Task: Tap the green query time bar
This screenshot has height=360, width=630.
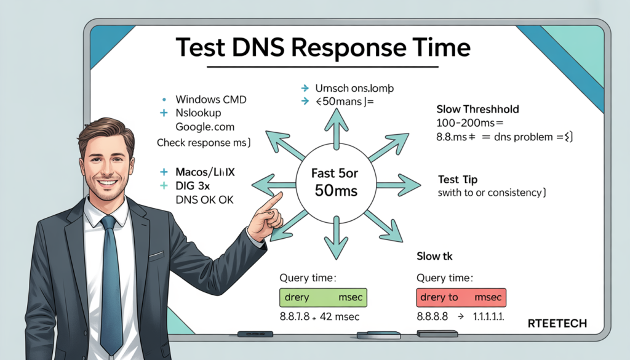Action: pos(324,297)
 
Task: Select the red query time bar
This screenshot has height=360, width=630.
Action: pos(460,297)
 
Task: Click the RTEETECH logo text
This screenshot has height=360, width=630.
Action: pos(557,323)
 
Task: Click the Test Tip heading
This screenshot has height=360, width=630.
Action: pos(457,179)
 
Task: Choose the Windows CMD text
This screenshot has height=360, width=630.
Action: pos(208,99)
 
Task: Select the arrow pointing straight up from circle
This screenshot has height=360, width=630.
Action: pos(336,128)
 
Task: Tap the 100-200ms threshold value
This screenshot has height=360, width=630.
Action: pos(461,123)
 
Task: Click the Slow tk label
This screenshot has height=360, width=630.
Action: pos(435,255)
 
